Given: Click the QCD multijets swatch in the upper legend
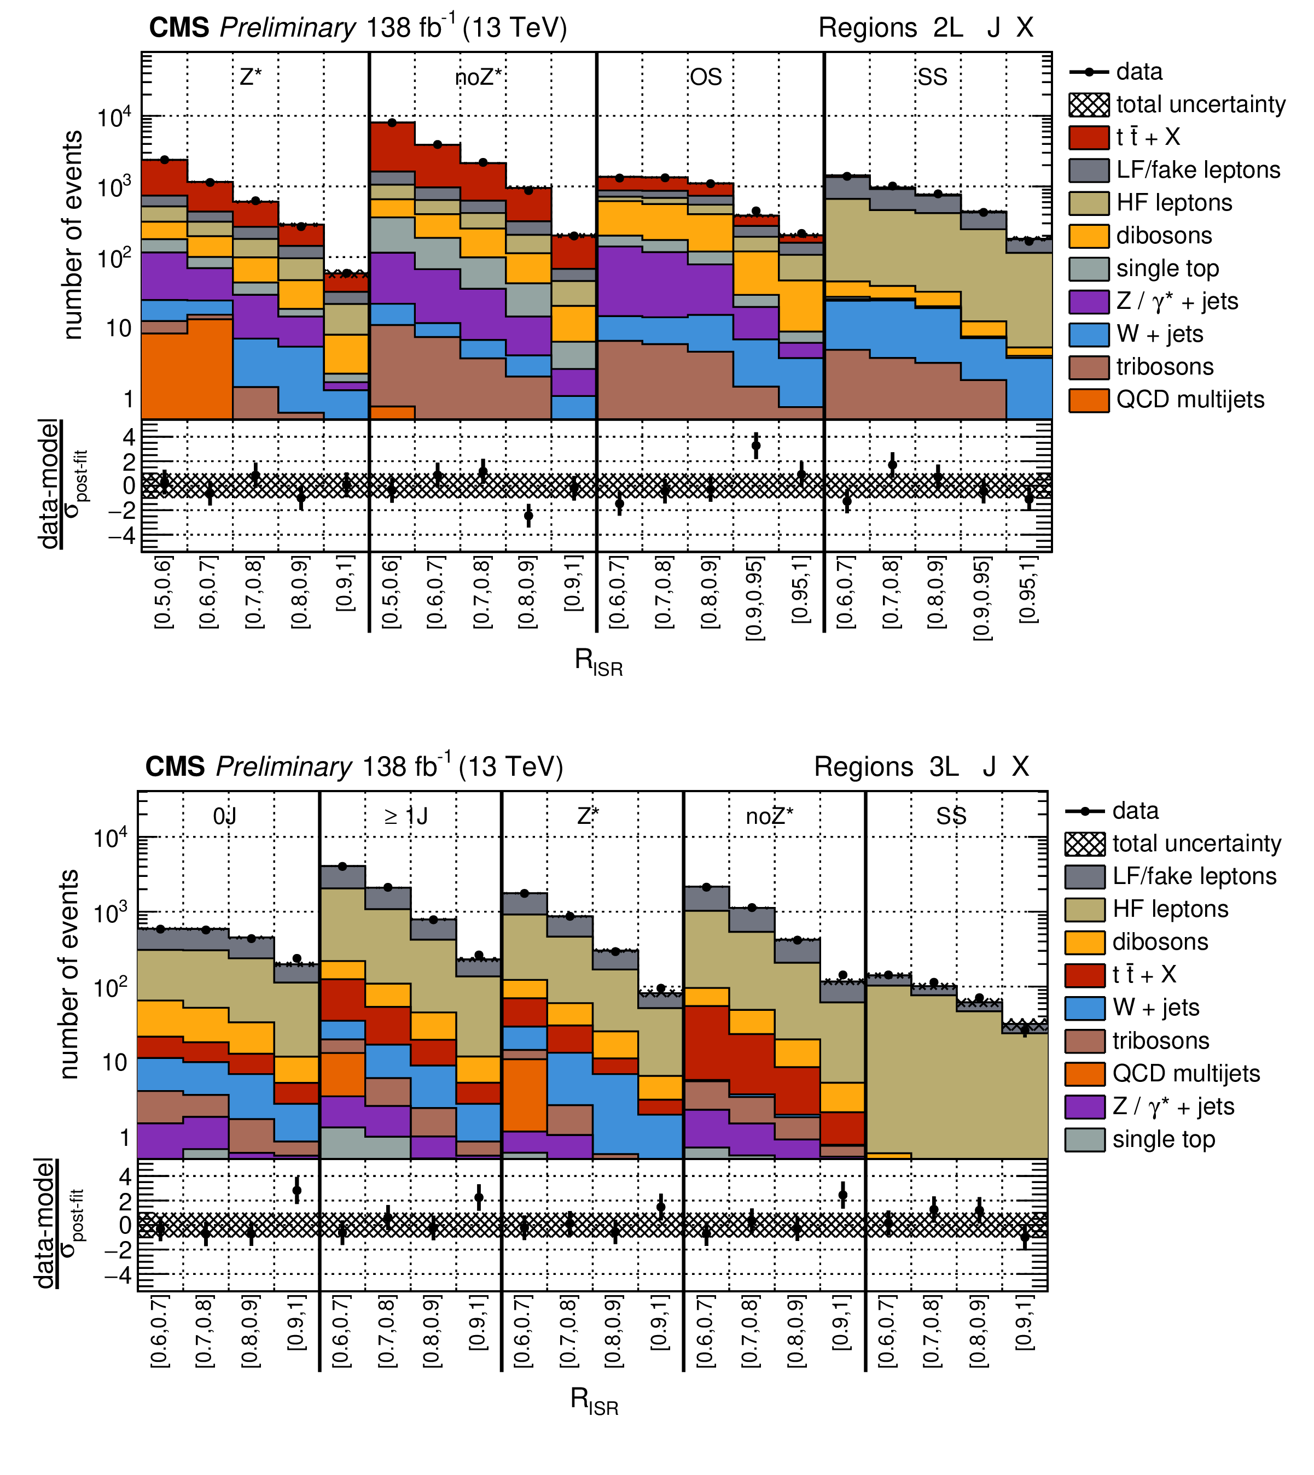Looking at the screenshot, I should pyautogui.click(x=1089, y=400).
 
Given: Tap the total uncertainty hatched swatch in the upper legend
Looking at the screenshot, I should pyautogui.click(x=1089, y=104).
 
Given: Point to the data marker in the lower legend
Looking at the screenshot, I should pyautogui.click(x=1084, y=811).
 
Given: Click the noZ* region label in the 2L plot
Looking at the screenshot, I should pyautogui.click(x=478, y=77).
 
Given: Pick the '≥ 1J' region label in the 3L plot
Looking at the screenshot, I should pyautogui.click(x=406, y=816).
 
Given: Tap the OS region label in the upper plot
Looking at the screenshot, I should pyautogui.click(x=705, y=77).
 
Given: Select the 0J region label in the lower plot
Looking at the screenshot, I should pyautogui.click(x=224, y=816).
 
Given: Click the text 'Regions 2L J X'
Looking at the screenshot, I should pyautogui.click(x=926, y=28).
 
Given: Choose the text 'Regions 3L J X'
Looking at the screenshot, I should pyautogui.click(x=921, y=767).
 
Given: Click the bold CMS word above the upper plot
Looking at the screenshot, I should pyautogui.click(x=179, y=28).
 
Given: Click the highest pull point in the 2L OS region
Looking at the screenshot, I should pyautogui.click(x=756, y=446).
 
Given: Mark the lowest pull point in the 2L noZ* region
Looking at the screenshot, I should pyautogui.click(x=528, y=515).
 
